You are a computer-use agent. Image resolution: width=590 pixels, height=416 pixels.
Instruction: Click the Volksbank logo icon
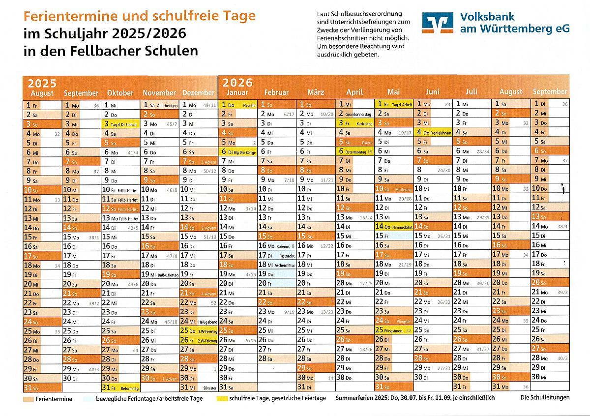tap(437, 23)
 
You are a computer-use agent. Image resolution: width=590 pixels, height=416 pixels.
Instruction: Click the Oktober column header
tap(120, 92)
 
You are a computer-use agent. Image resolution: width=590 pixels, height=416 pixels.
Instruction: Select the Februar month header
tap(276, 92)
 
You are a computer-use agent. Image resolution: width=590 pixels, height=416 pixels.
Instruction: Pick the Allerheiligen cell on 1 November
tap(160, 105)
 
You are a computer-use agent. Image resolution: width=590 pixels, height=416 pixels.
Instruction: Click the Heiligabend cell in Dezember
tap(199, 322)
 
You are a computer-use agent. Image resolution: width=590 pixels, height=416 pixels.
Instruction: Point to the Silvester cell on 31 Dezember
tap(199, 387)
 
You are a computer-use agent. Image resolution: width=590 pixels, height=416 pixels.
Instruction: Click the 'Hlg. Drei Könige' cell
tap(238, 152)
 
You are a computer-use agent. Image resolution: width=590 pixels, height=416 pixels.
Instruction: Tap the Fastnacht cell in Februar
tap(276, 255)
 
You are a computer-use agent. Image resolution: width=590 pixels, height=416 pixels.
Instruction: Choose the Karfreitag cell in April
tap(355, 123)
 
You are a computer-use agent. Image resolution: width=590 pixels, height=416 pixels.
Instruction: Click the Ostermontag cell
tap(355, 152)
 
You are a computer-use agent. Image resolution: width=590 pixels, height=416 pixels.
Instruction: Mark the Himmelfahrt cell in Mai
tap(393, 227)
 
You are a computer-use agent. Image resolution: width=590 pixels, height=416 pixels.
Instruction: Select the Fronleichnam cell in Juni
tap(433, 133)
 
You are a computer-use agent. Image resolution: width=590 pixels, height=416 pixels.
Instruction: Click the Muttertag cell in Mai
tap(393, 189)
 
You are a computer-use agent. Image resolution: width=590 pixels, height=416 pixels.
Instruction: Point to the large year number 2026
tap(237, 82)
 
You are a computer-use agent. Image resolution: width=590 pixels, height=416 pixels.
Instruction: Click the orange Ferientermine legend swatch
tap(28, 398)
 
